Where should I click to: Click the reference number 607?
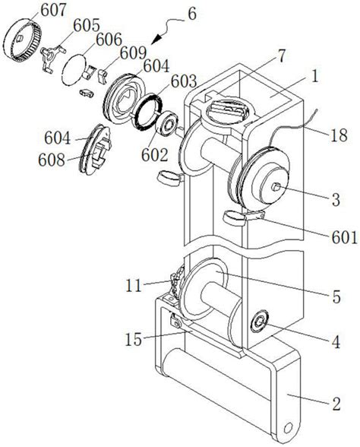53,11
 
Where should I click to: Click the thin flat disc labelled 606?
74,70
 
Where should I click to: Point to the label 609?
134,52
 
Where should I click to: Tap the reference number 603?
184,82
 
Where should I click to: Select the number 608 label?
52,160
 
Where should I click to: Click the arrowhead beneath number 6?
155,39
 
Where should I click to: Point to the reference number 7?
281,56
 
